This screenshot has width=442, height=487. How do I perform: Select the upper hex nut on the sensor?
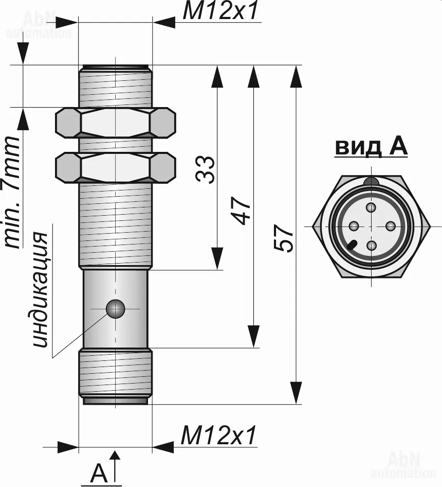115,123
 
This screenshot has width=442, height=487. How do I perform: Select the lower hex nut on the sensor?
115,167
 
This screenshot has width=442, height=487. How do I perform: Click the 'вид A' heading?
371,147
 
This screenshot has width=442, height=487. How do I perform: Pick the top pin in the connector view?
371,207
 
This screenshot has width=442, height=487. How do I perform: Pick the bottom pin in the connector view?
371,245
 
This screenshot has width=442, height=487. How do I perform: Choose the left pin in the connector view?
353,226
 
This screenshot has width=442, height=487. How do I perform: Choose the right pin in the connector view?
390,226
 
